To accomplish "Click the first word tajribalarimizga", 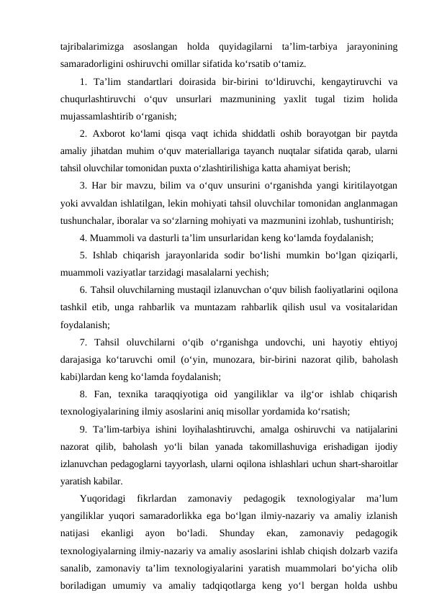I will coord(89,48).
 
